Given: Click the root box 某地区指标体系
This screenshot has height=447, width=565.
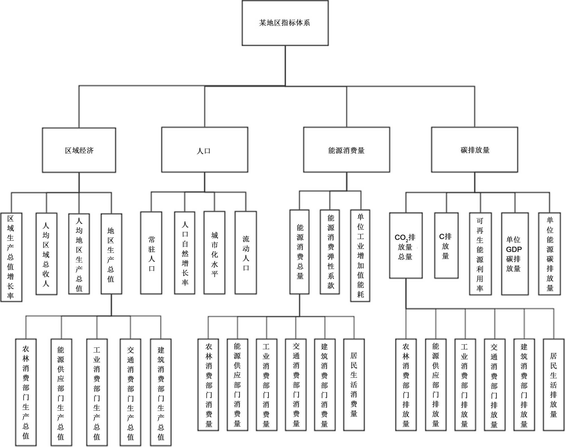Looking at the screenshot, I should [x=285, y=23].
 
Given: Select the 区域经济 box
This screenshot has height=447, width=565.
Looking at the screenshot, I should [x=79, y=150].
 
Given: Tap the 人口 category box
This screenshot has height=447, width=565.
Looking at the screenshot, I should [x=205, y=150].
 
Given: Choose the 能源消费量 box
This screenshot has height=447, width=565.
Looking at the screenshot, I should [x=347, y=150].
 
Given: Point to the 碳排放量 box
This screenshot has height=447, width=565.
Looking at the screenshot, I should [x=475, y=150].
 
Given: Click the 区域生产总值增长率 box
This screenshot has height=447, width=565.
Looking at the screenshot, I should [x=11, y=257].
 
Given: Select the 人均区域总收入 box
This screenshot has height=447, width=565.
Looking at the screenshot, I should [x=46, y=254].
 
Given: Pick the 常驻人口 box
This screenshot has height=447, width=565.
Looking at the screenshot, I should [x=151, y=253].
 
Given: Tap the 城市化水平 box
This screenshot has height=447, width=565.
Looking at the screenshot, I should [x=214, y=253].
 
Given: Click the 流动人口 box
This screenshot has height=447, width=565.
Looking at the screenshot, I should [x=246, y=253].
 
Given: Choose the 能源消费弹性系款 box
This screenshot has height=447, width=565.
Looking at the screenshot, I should [x=330, y=252].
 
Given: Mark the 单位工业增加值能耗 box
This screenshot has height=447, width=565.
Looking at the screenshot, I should [x=360, y=256].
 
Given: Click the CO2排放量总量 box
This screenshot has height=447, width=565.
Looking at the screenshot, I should [x=406, y=246].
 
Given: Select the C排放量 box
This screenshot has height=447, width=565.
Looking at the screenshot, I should [x=446, y=246].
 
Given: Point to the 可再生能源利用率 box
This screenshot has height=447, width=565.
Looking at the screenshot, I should [x=480, y=254].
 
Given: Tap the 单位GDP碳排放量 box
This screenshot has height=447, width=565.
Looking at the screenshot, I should [x=515, y=254].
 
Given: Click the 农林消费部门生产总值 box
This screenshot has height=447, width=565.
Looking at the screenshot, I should [x=26, y=392].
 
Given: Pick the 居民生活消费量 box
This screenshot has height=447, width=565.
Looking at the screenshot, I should [x=354, y=385].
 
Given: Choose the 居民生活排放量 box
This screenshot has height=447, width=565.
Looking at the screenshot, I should [x=553, y=385].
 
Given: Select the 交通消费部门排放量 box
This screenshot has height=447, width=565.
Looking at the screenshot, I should [x=494, y=385].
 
